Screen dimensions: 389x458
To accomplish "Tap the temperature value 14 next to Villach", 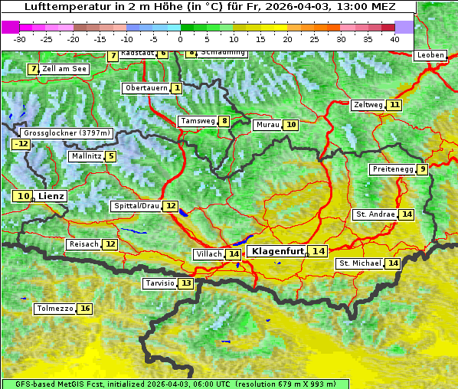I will [x=234, y=254].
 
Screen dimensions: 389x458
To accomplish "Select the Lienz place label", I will [x=51, y=196].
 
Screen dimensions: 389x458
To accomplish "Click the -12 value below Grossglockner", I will [x=21, y=144].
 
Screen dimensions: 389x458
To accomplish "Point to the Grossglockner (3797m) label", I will [x=67, y=132].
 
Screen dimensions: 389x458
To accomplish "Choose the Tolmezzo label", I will [x=54, y=309].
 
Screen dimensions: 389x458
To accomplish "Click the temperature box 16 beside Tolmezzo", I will [x=84, y=309].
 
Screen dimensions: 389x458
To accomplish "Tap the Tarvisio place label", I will [x=159, y=283].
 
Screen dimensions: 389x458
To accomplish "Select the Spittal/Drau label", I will [x=136, y=206].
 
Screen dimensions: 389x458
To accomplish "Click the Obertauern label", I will [x=146, y=88].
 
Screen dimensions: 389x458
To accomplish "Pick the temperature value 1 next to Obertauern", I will [x=177, y=88].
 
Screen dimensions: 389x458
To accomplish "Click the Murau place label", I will [x=267, y=124].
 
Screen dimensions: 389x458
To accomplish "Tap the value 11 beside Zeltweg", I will [x=394, y=105].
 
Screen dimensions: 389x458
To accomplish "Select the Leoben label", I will [x=430, y=55].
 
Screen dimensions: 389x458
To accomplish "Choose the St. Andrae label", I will [x=375, y=214].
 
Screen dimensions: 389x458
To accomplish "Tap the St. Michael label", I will [x=360, y=263].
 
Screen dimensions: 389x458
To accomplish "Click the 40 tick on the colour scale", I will [x=394, y=38].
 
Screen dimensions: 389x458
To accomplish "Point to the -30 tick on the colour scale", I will [x=20, y=38].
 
